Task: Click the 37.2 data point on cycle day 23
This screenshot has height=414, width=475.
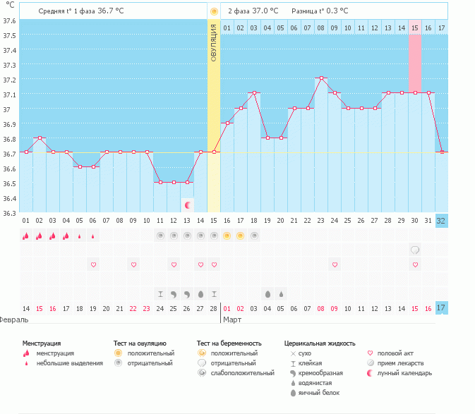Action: (321, 78)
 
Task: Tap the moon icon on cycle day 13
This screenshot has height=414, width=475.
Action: (187, 205)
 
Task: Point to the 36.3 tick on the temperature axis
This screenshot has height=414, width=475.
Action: (9, 213)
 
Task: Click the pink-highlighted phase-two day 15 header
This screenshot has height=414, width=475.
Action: (415, 28)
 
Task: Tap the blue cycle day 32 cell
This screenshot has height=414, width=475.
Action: (442, 220)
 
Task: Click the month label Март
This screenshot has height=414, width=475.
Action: (233, 319)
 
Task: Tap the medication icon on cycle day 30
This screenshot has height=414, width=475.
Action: (415, 250)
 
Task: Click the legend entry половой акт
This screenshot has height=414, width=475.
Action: (397, 353)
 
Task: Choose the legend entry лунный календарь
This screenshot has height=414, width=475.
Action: (402, 372)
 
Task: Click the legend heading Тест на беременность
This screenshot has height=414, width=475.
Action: (227, 343)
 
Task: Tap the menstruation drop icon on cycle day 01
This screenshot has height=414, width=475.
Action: (26, 236)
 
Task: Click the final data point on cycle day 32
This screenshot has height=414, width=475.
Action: (442, 152)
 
